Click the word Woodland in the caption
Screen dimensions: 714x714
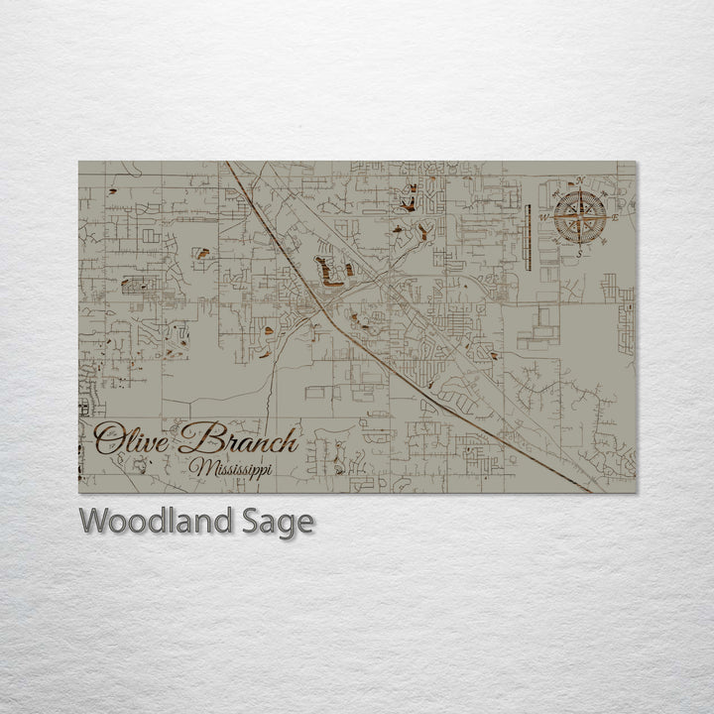152,522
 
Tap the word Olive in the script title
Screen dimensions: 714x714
132,437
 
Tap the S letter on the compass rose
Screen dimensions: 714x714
580,253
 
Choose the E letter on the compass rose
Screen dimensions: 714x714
616,217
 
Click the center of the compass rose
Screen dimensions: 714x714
580,217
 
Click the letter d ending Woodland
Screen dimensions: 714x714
217,521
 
